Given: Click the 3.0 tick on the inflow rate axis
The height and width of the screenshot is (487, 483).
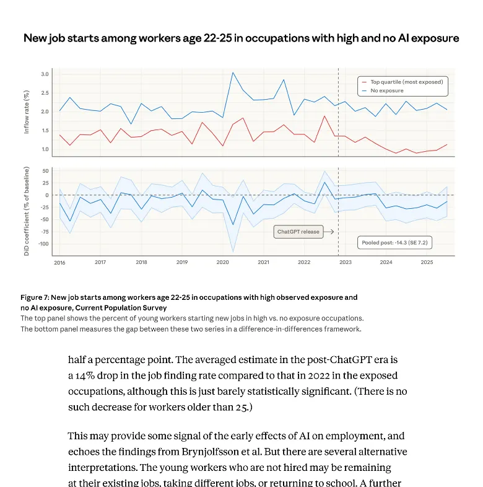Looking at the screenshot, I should pyautogui.click(x=45, y=74).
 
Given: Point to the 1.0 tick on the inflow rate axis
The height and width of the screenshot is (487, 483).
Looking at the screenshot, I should pyautogui.click(x=45, y=149).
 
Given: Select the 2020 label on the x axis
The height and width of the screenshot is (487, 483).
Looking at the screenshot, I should pyautogui.click(x=223, y=262).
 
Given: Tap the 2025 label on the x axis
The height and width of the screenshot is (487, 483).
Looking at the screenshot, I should pyautogui.click(x=427, y=262).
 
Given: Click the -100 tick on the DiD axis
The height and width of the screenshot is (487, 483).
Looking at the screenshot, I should pyautogui.click(x=43, y=243).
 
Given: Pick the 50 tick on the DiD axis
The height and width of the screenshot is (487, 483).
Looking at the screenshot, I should pyautogui.click(x=45, y=170).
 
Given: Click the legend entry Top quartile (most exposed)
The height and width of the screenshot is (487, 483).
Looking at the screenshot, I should pyautogui.click(x=406, y=81).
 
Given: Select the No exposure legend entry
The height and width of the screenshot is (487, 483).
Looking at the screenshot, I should pyautogui.click(x=386, y=90).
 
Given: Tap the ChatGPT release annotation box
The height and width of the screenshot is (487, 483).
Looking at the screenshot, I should pyautogui.click(x=298, y=232).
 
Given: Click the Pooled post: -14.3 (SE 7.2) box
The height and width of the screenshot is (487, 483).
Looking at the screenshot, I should pyautogui.click(x=394, y=243).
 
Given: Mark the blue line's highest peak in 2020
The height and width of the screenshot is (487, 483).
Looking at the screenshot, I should pyautogui.click(x=233, y=72).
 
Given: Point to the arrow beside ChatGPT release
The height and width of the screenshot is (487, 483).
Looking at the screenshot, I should pyautogui.click(x=329, y=232).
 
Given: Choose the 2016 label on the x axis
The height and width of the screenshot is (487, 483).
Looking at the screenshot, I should pyautogui.click(x=59, y=262).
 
